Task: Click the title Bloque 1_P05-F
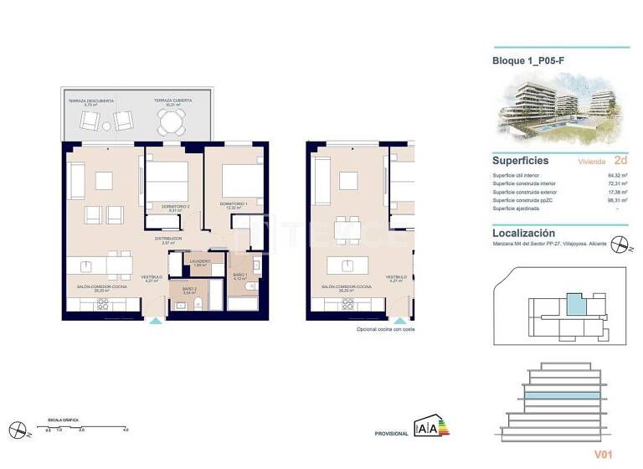click(x=527, y=60)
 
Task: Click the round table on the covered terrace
click(x=172, y=124)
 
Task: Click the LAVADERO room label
click(x=199, y=263)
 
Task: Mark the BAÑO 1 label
click(x=240, y=276)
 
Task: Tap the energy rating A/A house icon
click(x=424, y=428)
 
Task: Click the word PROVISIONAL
click(x=390, y=433)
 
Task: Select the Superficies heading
click(x=521, y=160)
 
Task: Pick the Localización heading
click(x=524, y=233)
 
